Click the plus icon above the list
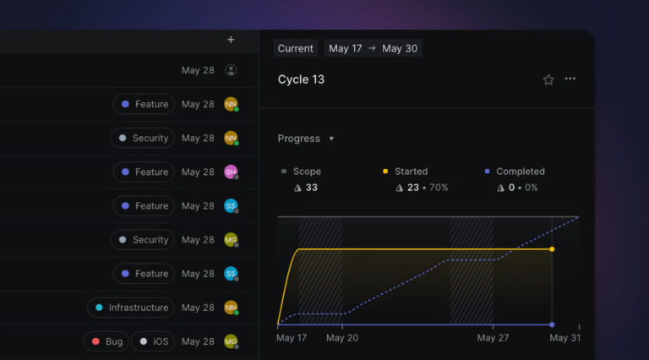(x=231, y=40)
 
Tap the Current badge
(x=295, y=48)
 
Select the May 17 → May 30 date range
(x=373, y=48)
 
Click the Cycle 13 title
(x=301, y=79)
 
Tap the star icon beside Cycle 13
(x=548, y=79)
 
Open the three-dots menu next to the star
(x=570, y=79)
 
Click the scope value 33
(x=311, y=188)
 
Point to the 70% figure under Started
(x=438, y=188)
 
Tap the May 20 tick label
(x=341, y=338)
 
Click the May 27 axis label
(x=492, y=338)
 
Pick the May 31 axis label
(x=564, y=338)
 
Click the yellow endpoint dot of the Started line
(x=552, y=249)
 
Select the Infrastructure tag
(x=131, y=308)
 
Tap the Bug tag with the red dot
(x=106, y=341)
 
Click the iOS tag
(x=154, y=341)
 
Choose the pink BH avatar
(x=231, y=172)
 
